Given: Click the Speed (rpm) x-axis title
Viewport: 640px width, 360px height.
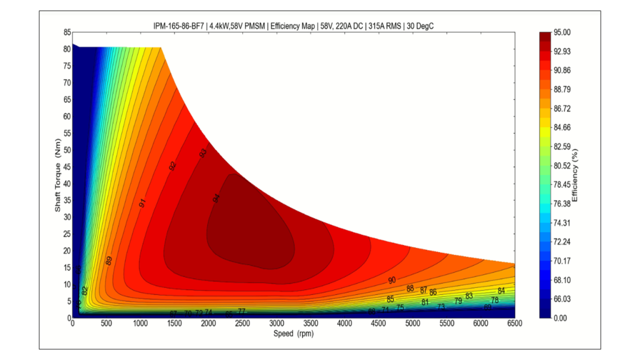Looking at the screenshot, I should click(294, 334).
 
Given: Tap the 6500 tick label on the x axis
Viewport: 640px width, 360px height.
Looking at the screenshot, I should click(514, 324).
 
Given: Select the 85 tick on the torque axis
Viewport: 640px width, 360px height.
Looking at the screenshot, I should click(67, 32).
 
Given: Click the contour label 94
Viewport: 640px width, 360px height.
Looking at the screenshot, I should click(216, 198).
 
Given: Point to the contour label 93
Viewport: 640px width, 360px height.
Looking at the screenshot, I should click(202, 153).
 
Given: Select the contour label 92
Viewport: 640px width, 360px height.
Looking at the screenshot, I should click(172, 166).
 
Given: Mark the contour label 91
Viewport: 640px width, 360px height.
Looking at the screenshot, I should click(142, 202).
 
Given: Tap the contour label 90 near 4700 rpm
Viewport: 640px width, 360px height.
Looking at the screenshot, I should click(392, 280).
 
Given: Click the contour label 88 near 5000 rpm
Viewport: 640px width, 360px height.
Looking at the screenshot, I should click(410, 288).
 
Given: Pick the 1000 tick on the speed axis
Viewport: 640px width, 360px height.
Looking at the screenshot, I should click(141, 324).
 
